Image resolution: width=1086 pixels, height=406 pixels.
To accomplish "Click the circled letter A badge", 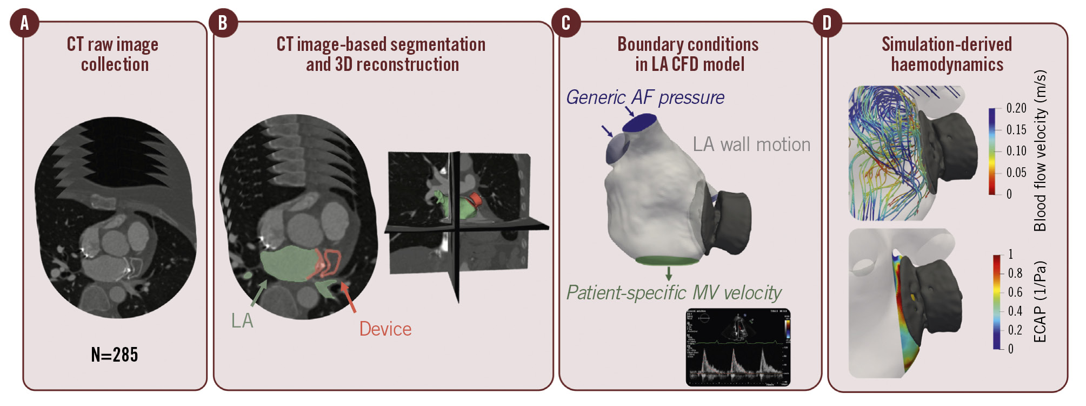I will (24, 24).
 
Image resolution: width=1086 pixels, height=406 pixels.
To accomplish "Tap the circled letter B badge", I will (223, 24).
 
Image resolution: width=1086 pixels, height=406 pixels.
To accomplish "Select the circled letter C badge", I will (566, 24).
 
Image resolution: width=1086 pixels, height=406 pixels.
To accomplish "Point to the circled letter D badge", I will (827, 24).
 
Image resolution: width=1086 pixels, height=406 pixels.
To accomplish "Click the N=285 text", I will (115, 355).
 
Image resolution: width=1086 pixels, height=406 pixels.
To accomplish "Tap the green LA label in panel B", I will (242, 321).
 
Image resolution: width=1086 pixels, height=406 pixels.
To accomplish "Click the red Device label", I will (385, 329).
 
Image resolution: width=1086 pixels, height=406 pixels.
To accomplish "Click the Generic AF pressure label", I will (645, 97).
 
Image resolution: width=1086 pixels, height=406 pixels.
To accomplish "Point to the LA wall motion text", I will (751, 145).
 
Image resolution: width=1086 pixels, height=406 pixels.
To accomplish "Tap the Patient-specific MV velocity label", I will (674, 293).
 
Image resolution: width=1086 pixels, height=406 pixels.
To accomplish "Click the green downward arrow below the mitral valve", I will (669, 273).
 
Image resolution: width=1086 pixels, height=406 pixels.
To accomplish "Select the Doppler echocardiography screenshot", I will (738, 347).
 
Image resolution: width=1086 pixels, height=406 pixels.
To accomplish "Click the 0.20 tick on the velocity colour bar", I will (1016, 108).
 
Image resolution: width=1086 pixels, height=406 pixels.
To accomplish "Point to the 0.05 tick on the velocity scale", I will (1016, 173).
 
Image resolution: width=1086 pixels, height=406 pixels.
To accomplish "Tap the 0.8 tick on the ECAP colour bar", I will (1015, 273).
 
